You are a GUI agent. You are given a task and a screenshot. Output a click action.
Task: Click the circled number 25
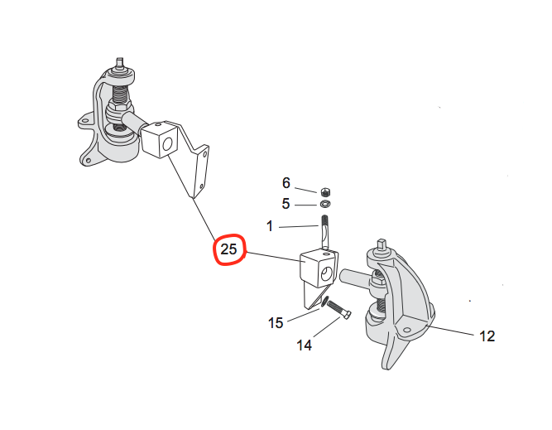coord(229,249)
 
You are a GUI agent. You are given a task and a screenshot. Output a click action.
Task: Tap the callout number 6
coord(286,182)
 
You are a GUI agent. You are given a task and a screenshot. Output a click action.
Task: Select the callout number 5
coord(286,202)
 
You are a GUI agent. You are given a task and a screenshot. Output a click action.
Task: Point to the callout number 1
coord(269,225)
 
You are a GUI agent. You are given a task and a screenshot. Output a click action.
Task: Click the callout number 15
coord(276,321)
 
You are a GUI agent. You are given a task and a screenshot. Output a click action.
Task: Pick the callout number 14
coord(305,344)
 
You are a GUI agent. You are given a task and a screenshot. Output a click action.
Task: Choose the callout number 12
coord(487,336)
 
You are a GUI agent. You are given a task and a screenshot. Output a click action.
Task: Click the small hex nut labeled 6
coord(325,191)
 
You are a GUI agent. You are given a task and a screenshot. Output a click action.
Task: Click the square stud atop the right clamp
coord(382,245)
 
